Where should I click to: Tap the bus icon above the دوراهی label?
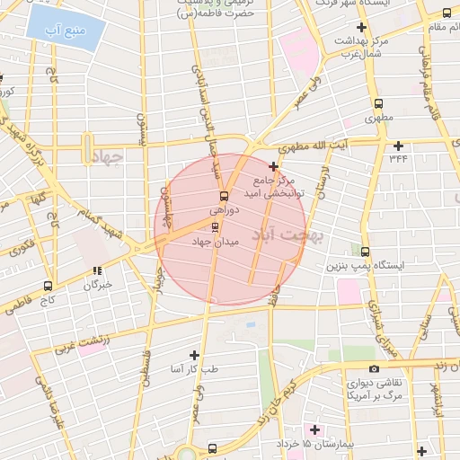coord(224,196)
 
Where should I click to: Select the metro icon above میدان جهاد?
coord(214,226)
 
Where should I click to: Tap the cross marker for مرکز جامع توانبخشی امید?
coord(273,166)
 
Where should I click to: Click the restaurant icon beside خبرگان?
coord(96,270)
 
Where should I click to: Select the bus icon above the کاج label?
coord(49,285)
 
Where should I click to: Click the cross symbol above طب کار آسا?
coord(194,355)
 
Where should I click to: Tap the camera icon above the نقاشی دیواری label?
coord(374,368)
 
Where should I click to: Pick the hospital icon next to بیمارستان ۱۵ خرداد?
coord(314,428)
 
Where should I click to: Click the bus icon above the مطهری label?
coord(378,103)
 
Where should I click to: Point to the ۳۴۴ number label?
coord(398,158)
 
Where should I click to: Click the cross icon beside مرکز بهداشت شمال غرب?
coord(360,28)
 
